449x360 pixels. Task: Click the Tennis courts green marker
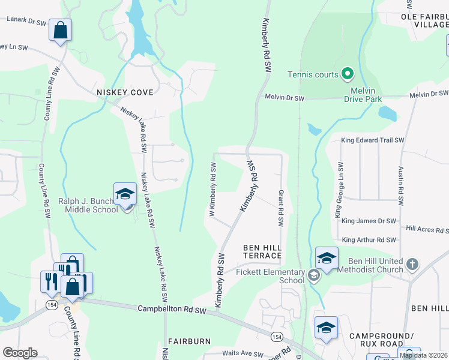pyautogui.click(x=347, y=74)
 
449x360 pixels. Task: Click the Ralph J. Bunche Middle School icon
pyautogui.click(x=125, y=194)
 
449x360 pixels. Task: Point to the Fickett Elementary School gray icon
pyautogui.click(x=313, y=276)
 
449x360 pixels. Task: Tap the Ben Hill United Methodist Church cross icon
pyautogui.click(x=412, y=265)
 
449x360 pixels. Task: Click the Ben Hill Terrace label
pyautogui.click(x=262, y=251)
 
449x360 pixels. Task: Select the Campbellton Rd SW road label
pyautogui.click(x=172, y=310)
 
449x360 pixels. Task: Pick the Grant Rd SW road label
pyautogui.click(x=280, y=209)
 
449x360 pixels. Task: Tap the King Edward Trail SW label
pyautogui.click(x=373, y=140)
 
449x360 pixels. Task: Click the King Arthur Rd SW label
pyautogui.click(x=369, y=239)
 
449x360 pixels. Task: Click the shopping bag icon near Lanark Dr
pyautogui.click(x=61, y=30)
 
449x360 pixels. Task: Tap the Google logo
pyautogui.click(x=20, y=353)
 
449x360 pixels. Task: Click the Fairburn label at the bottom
pyautogui.click(x=189, y=341)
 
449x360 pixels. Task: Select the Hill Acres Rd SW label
pyautogui.click(x=427, y=229)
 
